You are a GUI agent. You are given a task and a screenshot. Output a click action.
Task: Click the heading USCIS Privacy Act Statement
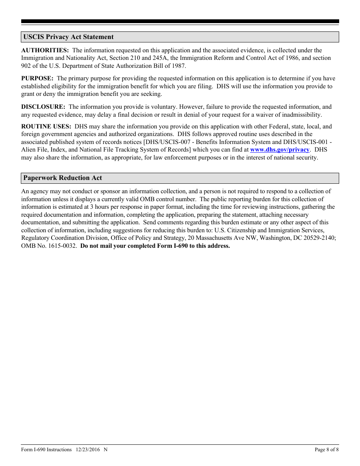[x=68, y=37]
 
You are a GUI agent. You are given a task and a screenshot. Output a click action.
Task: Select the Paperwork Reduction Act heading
[x=63, y=178]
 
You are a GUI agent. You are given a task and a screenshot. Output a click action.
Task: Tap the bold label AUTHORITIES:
[x=45, y=50]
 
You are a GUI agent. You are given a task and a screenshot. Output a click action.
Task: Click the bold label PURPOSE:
[x=37, y=78]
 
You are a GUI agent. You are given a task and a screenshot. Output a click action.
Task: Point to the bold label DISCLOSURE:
[x=43, y=107]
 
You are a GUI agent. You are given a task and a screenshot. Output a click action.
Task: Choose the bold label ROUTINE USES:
[x=46, y=127]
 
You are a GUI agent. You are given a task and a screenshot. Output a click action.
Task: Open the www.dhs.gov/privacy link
[x=280, y=150]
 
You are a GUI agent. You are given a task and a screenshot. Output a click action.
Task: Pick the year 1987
[x=178, y=66]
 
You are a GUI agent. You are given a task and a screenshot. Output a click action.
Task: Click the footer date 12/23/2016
[x=87, y=450]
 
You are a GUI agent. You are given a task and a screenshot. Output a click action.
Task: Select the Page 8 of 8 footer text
[x=327, y=450]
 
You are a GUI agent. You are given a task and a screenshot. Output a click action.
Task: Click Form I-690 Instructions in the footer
[x=46, y=450]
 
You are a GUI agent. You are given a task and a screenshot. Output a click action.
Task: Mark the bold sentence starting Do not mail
[x=155, y=246]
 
